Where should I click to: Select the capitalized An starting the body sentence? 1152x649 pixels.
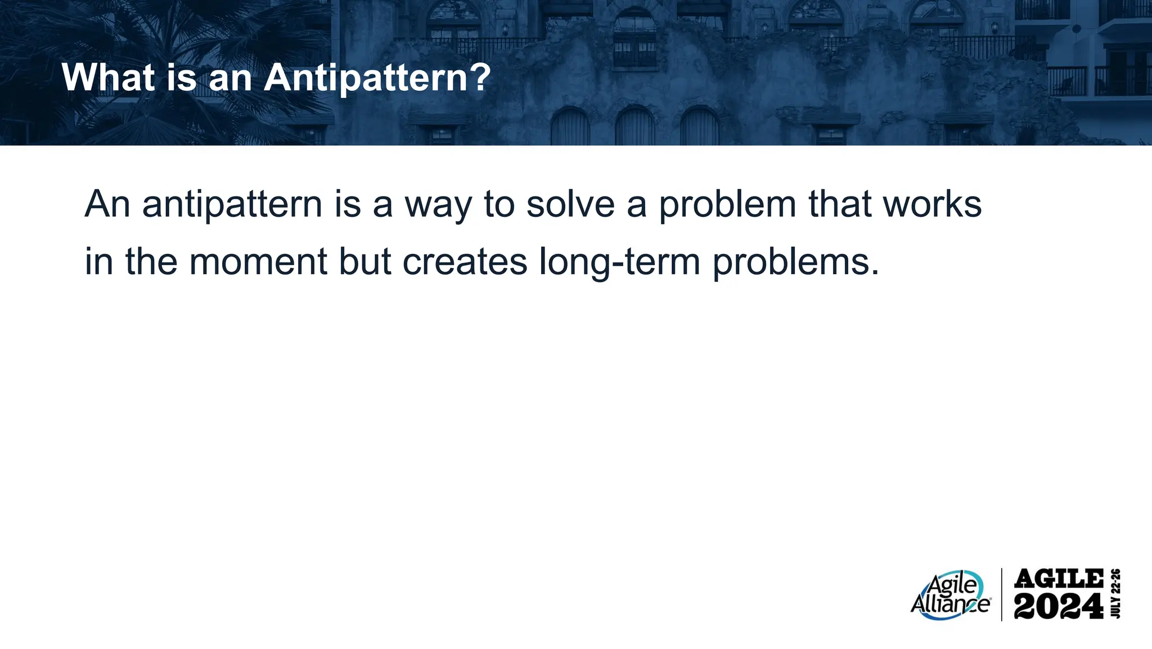click(x=107, y=204)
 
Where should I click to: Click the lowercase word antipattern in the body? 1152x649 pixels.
click(x=232, y=205)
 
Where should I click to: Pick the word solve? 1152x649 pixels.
click(x=570, y=204)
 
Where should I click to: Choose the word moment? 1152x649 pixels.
click(x=258, y=262)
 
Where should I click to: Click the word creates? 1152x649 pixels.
click(x=465, y=262)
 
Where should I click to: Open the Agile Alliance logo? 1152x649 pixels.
click(x=950, y=596)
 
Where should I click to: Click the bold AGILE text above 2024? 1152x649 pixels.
click(x=1059, y=579)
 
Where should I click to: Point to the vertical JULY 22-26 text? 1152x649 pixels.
click(x=1117, y=594)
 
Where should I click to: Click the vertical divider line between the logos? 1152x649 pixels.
click(x=1002, y=594)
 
